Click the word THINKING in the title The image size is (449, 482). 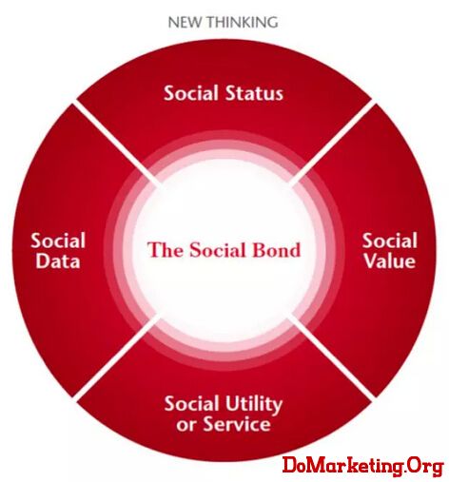tap(243, 23)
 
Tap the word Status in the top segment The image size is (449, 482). tap(254, 93)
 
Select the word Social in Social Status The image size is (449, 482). tap(191, 93)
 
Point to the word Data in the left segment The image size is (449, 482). tap(58, 261)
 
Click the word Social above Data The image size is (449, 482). tap(58, 241)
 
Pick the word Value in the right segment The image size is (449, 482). tap(390, 261)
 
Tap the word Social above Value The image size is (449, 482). tap(390, 241)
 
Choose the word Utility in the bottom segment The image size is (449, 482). tap(253, 405)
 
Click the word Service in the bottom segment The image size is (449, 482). tap(237, 424)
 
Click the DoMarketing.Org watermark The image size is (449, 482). tap(362, 466)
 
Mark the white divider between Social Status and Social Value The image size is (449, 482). tap(332, 145)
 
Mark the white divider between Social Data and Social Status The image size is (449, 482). tap(117, 145)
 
